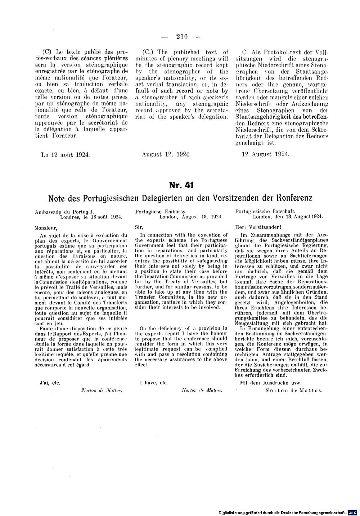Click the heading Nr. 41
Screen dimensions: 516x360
(181, 185)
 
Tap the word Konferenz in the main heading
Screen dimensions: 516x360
(291, 198)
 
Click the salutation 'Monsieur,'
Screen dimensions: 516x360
(46, 227)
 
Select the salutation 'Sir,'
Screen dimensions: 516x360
(139, 227)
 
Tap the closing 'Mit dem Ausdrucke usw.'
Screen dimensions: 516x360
(270, 383)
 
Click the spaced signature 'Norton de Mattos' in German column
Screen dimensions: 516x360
(293, 390)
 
